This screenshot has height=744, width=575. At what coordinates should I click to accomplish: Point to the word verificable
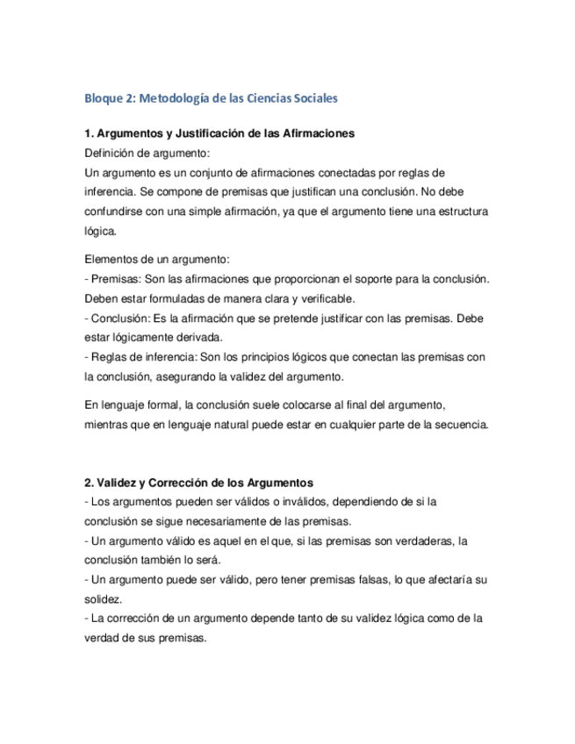coord(320,298)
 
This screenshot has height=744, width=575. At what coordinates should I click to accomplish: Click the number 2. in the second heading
coord(90,483)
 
